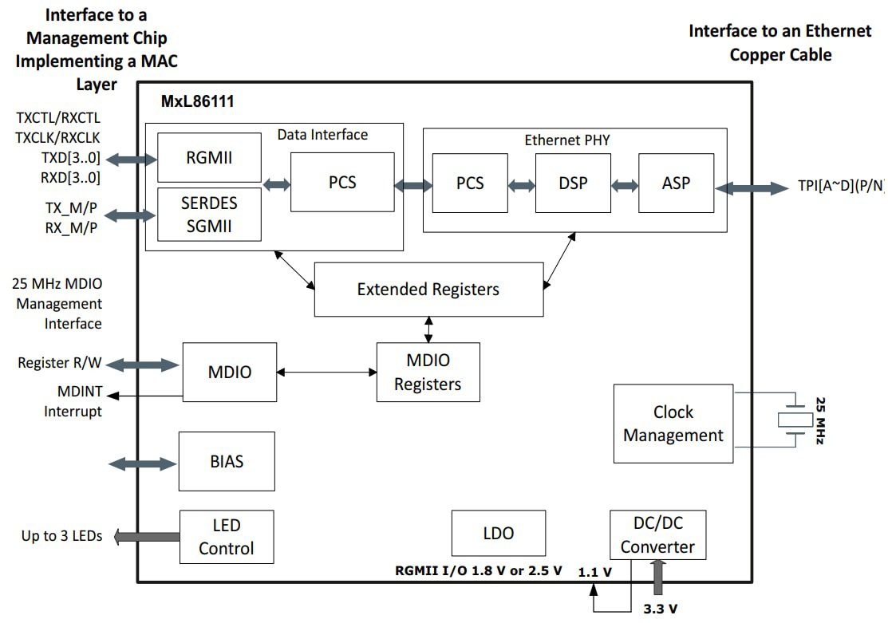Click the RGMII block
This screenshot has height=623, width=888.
tap(209, 157)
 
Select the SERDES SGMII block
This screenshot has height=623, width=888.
tap(209, 214)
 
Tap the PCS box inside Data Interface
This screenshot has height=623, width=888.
tap(342, 183)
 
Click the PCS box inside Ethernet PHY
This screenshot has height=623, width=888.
tap(470, 183)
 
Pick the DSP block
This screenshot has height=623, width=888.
tap(573, 183)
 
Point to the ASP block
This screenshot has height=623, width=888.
tap(676, 183)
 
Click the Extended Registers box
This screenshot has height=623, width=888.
tap(428, 289)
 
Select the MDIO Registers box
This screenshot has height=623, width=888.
tap(428, 373)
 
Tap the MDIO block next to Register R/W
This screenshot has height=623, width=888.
tap(230, 372)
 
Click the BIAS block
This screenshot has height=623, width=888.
tap(227, 461)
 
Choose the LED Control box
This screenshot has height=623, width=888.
tap(227, 537)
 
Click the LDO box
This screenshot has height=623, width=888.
tap(499, 533)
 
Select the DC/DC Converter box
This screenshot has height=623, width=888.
tap(657, 535)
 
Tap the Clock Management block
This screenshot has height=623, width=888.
tap(673, 424)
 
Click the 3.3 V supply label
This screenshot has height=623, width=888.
tap(661, 609)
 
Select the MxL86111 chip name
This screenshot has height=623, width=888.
tap(197, 102)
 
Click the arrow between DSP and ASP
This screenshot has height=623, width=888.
tap(625, 185)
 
